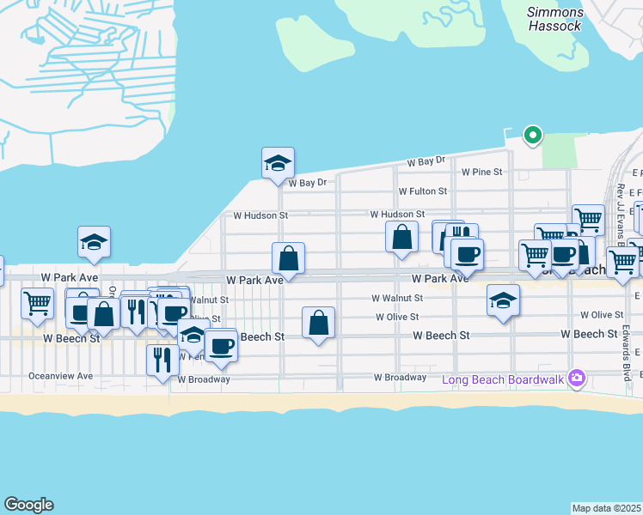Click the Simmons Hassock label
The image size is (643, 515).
click(x=555, y=19)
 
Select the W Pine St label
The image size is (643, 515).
click(x=481, y=172)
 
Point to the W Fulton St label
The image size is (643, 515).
click(x=423, y=191)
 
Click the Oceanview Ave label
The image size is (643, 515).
click(x=60, y=376)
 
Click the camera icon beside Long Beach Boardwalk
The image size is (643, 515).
click(x=576, y=379)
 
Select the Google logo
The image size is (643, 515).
click(x=28, y=505)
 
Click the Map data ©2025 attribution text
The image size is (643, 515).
click(x=607, y=508)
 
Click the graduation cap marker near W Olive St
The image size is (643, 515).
click(x=503, y=300)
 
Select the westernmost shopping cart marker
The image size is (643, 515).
click(x=37, y=302)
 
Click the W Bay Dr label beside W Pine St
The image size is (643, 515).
click(x=426, y=161)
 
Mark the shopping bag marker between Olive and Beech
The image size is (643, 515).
click(x=318, y=323)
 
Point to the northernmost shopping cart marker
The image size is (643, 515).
click(x=588, y=219)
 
